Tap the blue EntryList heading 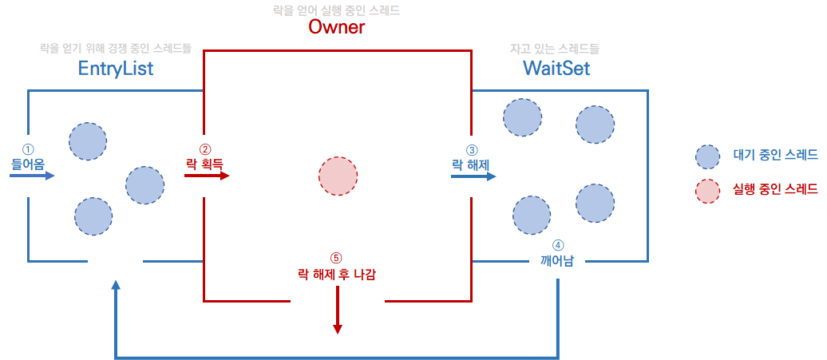point(116,69)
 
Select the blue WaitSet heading point(556,69)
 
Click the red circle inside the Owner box point(338,175)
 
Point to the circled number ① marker point(28,149)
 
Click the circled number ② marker point(205,148)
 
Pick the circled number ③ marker point(471,149)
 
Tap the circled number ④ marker point(557,246)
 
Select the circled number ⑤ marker point(336,258)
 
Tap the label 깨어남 point(557,260)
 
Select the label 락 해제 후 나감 point(336,273)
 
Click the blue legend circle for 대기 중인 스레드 point(708,157)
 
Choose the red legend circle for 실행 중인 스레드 point(708,191)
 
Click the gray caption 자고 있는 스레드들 point(556,49)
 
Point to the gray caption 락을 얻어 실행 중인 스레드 point(336,10)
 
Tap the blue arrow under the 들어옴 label point(33,176)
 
